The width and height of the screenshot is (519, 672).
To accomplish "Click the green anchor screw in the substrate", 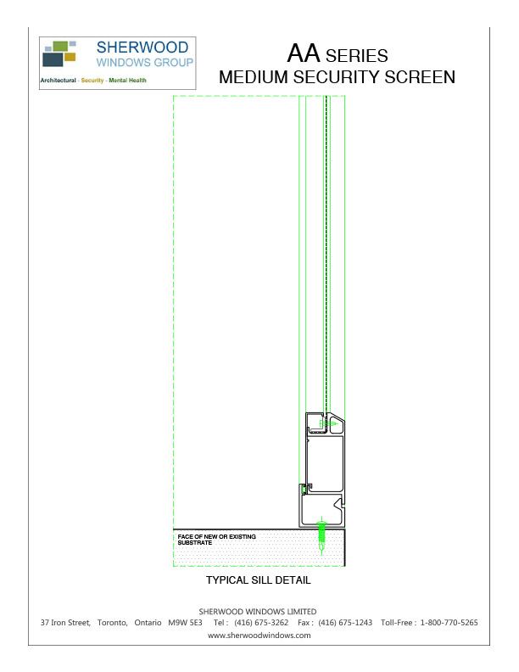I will point(321,534).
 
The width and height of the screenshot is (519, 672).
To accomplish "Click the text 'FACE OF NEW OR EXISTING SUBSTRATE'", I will point(216,540).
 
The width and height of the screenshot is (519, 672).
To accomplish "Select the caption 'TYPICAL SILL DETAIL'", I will point(259,581).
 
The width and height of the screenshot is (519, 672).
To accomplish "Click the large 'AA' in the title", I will point(304,54).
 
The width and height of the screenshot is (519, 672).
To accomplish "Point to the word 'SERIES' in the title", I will point(357,57).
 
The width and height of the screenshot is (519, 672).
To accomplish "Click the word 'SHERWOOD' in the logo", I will point(145,48).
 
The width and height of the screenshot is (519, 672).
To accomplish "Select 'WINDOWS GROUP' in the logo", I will point(145,63).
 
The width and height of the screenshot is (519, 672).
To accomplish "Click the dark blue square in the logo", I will point(53,59).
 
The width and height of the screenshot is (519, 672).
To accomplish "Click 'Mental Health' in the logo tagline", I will point(126,81).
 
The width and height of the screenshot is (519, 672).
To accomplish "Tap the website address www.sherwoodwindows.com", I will point(258,635).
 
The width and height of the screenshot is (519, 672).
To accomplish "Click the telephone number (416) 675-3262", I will point(261,623).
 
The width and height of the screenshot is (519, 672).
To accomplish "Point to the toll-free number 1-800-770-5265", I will point(449,623).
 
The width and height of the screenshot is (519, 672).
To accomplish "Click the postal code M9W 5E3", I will point(186,623).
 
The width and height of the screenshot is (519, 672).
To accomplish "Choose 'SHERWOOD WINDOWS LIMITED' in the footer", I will point(258,611).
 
